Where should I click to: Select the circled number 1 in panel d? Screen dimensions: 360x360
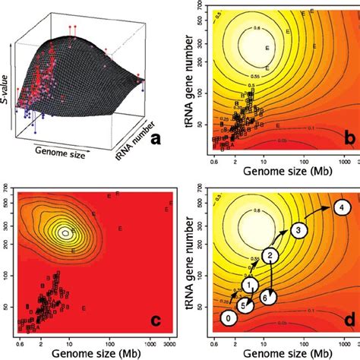pos(249,284)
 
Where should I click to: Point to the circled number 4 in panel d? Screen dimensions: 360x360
pos(342,207)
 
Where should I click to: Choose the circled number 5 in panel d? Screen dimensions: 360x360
pos(243,305)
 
